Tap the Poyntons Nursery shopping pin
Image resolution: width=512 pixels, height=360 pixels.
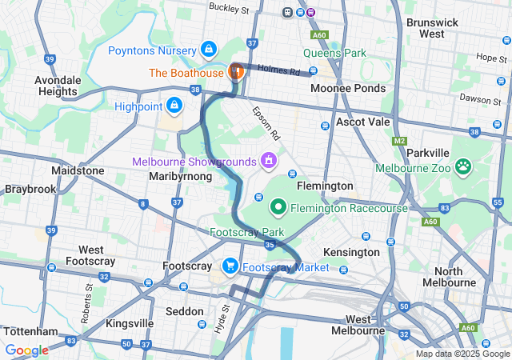click(209, 50)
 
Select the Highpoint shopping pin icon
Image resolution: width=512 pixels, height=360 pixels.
click(174, 105)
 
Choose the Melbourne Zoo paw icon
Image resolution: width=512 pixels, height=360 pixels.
click(463, 167)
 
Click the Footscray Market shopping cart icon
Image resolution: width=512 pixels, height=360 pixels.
click(230, 266)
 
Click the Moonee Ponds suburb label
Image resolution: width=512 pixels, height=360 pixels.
click(348, 88)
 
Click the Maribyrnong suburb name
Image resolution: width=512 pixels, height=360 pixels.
click(180, 176)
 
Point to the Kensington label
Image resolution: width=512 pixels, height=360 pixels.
click(351, 252)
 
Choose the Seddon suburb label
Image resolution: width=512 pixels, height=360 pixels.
click(184, 311)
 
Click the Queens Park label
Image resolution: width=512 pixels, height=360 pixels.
click(334, 54)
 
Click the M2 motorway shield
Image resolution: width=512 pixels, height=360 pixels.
click(399, 141)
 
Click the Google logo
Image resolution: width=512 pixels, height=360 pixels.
click(26, 350)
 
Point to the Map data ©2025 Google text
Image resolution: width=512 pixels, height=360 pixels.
click(462, 354)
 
